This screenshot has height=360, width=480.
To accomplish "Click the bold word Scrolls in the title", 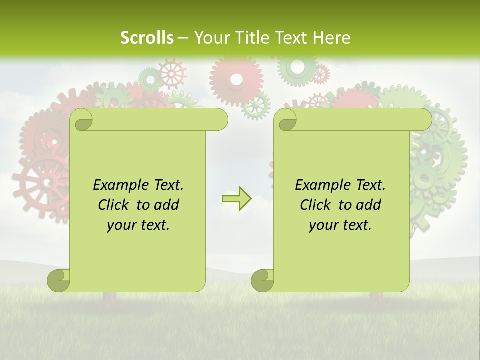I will click(x=147, y=38).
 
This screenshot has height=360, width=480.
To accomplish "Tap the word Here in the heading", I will click(x=332, y=38).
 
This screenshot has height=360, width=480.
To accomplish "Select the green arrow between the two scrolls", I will click(x=237, y=199).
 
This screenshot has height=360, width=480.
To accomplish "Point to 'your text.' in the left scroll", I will click(x=138, y=225).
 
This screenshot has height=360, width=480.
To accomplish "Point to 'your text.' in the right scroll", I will click(x=340, y=225).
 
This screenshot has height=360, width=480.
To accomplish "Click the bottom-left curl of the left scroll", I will click(x=59, y=280).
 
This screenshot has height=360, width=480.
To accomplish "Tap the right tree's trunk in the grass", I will click(x=376, y=299).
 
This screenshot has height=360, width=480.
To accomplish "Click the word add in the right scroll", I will click(x=369, y=205).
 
